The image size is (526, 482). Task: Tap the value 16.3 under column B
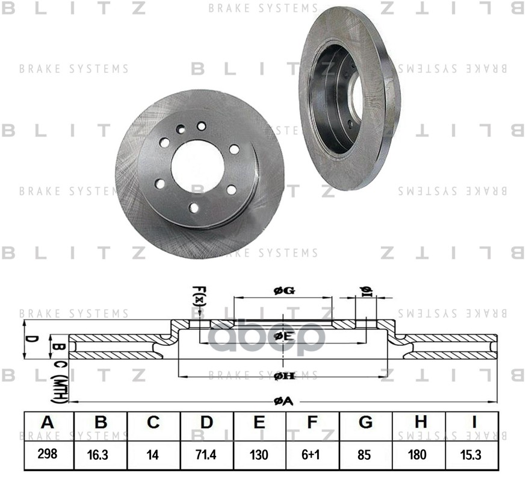click(101, 454)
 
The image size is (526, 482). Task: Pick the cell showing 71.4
click(206, 454)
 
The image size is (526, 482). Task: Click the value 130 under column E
click(259, 454)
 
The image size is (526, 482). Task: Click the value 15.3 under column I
click(471, 454)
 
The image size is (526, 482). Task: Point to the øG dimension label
click(283, 291)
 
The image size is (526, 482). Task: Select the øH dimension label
click(283, 376)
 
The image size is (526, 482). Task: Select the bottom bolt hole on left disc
click(193, 208)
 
